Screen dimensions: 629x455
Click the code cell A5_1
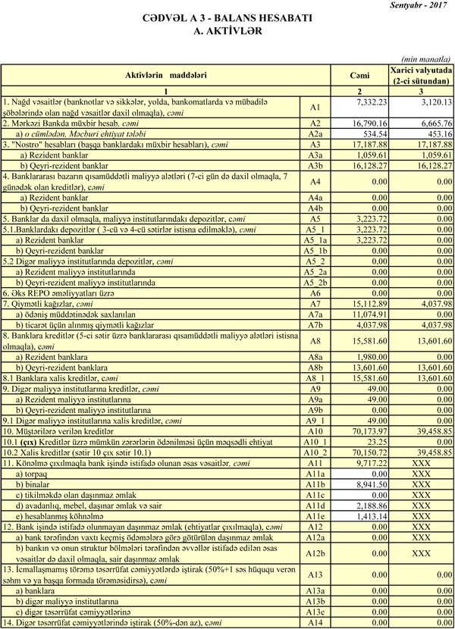(316, 228)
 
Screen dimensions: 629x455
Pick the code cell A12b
(316, 553)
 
